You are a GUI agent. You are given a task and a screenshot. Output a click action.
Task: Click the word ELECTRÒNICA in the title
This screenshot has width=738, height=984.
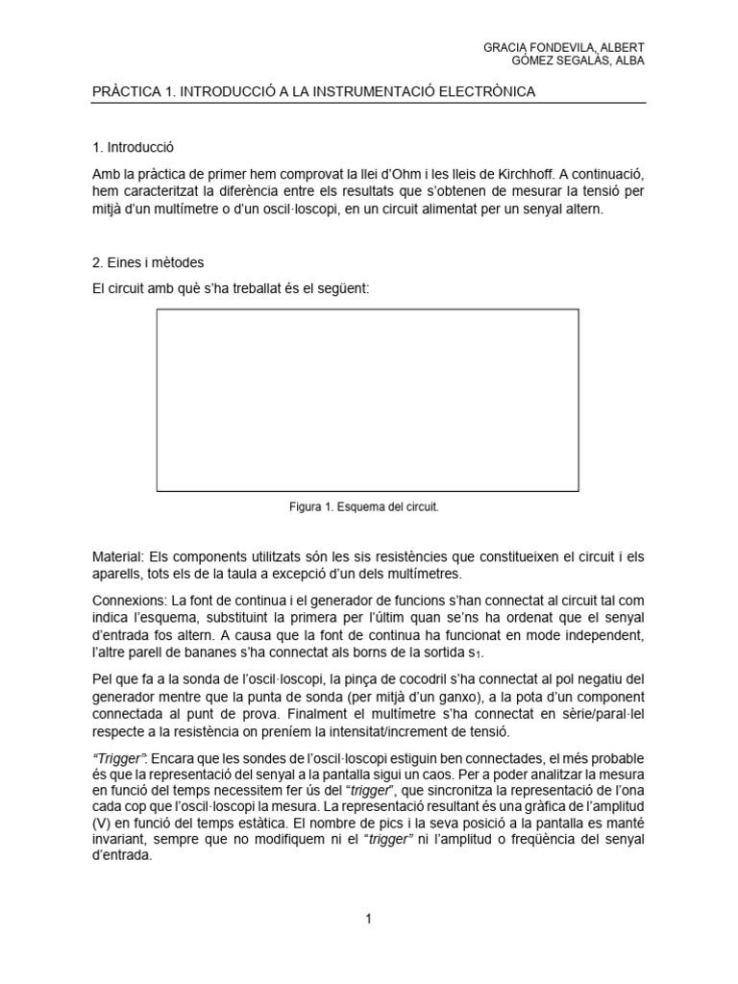click(486, 91)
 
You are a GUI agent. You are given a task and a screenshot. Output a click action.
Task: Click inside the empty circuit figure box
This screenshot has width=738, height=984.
click(367, 400)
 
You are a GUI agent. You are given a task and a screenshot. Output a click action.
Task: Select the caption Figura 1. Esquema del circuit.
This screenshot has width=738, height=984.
click(368, 506)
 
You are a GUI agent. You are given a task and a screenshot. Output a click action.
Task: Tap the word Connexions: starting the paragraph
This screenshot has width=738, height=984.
click(129, 599)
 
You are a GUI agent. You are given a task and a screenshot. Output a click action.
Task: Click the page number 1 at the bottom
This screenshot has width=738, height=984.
click(368, 920)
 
